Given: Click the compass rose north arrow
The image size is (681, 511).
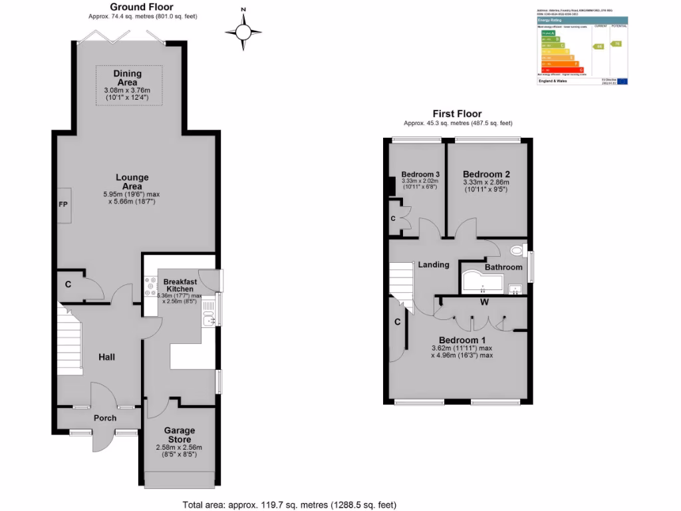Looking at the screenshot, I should (243, 31).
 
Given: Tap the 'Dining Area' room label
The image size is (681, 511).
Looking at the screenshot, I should (127, 78).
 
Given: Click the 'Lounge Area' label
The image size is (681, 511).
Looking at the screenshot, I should (132, 182).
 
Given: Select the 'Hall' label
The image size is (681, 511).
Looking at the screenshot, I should (106, 357).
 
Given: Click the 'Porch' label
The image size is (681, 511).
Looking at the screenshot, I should (105, 418).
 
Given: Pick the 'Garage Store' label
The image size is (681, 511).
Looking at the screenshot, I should (180, 435).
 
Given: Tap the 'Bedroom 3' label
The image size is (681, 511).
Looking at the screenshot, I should (420, 175).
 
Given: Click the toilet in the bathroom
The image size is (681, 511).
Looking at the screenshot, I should (515, 251).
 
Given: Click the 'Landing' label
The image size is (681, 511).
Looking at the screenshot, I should (433, 264).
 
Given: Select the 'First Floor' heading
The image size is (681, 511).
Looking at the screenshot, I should (457, 114).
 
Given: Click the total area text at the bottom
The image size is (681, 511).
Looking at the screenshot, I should (289, 504).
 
